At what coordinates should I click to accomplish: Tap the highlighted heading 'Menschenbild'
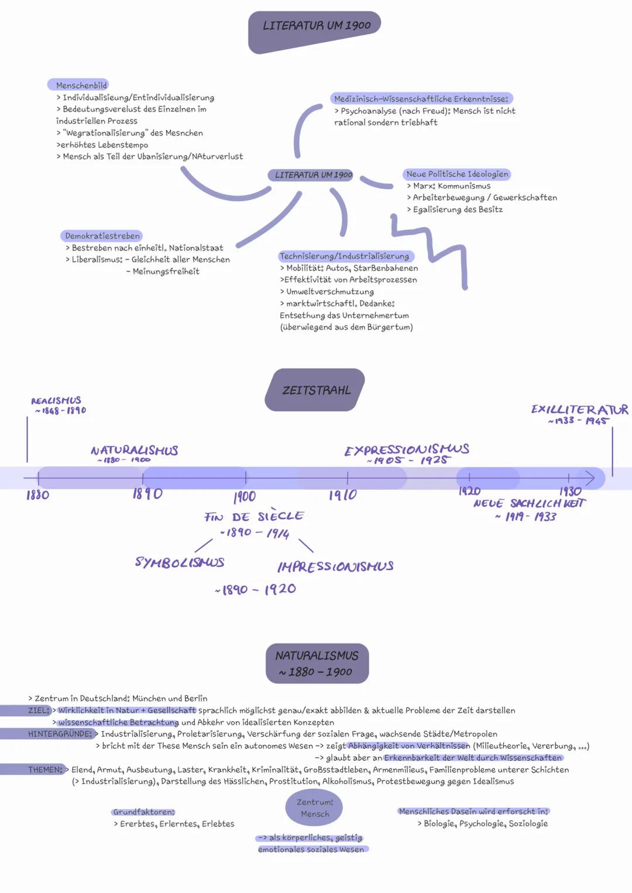pos(81,85)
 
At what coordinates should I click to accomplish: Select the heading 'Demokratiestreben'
pos(102,236)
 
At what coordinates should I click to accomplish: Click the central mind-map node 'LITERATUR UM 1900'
pos(313,175)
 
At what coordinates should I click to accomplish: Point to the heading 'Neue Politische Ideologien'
pos(457,174)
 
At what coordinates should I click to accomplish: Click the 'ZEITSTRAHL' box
pos(316,390)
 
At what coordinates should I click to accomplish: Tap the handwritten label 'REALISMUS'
pos(56,401)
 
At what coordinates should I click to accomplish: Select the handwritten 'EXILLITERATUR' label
pos(579,410)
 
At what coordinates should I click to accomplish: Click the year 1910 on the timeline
pos(343,495)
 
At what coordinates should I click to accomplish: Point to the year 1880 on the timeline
pos(37,495)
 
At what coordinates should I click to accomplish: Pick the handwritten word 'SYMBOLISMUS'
pos(180,562)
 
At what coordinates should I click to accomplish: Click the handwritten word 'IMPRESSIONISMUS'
pos(335,566)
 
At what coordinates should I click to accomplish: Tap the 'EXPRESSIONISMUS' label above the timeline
pos(407,450)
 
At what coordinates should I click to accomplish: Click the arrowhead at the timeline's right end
pos(590,479)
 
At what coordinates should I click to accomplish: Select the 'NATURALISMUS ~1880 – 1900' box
pos(317,664)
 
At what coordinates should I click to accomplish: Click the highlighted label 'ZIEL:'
pos(39,710)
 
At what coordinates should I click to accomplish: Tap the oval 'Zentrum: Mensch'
pos(315,808)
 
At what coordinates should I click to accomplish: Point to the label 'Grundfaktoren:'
pos(144,812)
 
